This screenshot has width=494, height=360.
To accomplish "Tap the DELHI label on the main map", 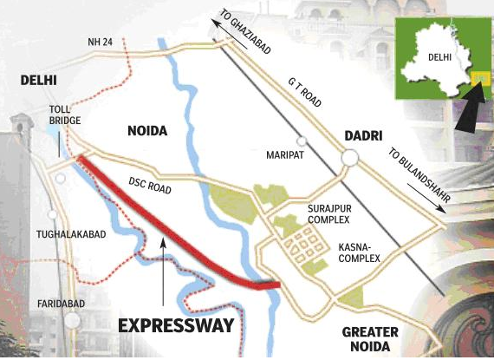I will coord(38,80).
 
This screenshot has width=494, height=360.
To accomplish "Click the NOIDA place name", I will coord(147,132).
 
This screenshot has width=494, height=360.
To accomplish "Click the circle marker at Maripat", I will coord(301,141).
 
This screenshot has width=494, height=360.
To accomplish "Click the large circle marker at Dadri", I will coord(350,157).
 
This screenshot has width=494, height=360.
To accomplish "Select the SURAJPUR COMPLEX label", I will coord(327,214).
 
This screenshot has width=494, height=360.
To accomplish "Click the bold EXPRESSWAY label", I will coord(176,326).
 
